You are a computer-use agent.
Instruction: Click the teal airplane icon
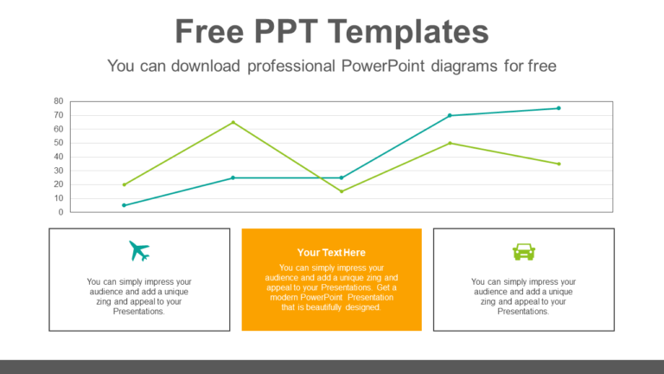pos(139,251)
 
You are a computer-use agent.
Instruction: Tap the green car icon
pos(524,251)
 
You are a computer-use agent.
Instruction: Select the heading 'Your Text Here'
pos(331,252)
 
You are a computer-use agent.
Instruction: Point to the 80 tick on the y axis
pos(59,101)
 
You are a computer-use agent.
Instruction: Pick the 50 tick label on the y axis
pos(59,143)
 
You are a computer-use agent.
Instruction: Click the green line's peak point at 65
pos(233,122)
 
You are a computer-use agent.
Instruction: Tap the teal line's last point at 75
pos(559,108)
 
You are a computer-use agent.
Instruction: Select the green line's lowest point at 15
pos(342,191)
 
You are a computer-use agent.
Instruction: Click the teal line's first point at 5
pos(124,205)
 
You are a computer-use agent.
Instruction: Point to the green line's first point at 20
pos(124,184)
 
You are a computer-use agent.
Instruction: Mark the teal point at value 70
pos(450,115)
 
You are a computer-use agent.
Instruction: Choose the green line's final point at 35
pos(559,164)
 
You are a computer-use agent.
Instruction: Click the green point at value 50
pos(450,143)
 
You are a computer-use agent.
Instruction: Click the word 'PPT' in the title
pos(285,32)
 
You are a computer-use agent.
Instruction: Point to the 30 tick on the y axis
pos(59,171)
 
